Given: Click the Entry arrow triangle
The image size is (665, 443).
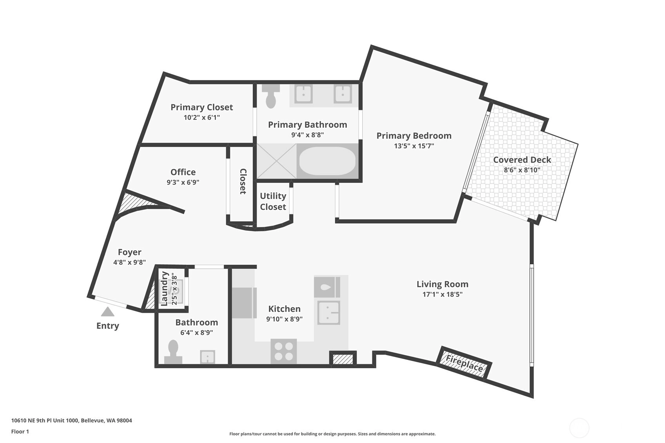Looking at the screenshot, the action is click(107, 312).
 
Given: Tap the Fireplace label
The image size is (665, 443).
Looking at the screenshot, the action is click(464, 363).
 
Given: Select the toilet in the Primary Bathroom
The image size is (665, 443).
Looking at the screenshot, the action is click(271, 96).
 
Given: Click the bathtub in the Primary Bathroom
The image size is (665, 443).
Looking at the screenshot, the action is click(327, 161).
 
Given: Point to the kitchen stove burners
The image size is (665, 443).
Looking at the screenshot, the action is click(283, 351).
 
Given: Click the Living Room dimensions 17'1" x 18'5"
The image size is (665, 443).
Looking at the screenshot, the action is click(442, 294).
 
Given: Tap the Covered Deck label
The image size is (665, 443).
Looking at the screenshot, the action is click(522, 160).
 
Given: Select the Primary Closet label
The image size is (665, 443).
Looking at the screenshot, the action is click(201, 107).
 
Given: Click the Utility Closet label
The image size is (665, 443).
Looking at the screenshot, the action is click(273, 201).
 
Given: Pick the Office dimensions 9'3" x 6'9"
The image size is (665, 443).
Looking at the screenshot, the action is click(183, 182).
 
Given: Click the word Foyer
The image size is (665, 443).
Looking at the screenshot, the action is click(129, 252).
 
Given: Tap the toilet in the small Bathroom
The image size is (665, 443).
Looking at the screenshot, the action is click(173, 352).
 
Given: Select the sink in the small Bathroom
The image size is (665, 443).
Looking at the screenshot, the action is click(208, 357).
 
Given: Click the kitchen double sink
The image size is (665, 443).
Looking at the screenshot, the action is click(329, 313).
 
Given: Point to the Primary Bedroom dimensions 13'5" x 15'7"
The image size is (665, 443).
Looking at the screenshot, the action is click(414, 146).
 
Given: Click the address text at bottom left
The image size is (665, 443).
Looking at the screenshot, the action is click(72, 420).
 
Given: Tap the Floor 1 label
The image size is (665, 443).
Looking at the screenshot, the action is click(20, 432).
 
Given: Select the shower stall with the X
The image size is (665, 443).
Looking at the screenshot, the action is click(276, 161).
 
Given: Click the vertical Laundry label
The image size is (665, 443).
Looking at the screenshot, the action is click(164, 289).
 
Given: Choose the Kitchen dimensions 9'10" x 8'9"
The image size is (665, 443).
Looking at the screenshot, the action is click(284, 319).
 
